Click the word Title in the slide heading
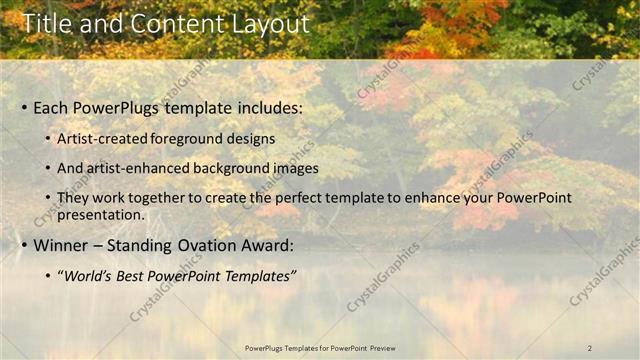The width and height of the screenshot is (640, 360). (x=44, y=24)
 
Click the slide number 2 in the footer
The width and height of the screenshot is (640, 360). (x=590, y=348)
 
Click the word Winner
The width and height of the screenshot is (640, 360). (x=63, y=245)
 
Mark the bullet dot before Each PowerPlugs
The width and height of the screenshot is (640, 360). (x=23, y=108)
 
